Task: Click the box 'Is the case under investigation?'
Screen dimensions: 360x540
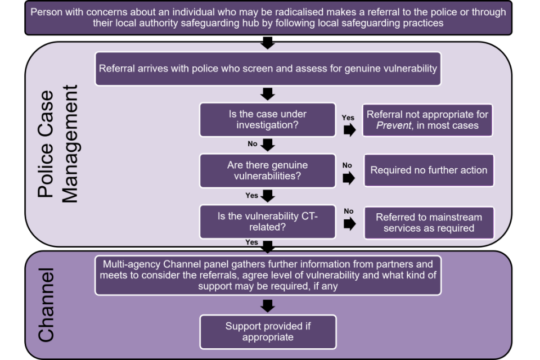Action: [268, 119]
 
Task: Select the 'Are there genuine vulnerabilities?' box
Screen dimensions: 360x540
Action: [268, 170]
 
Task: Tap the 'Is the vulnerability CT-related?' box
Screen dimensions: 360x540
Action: [268, 222]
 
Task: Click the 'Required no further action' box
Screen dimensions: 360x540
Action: [429, 170]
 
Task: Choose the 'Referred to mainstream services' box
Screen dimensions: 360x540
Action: [429, 222]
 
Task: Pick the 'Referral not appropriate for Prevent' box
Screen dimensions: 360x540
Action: [427, 120]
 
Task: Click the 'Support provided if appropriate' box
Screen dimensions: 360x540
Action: [268, 331]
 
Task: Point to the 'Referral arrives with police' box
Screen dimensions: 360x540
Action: [268, 69]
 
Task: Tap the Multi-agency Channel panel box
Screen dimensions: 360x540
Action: [268, 274]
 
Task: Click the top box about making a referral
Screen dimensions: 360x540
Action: [268, 18]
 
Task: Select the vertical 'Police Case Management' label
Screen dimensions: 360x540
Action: [59, 143]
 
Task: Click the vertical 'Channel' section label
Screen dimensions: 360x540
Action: [46, 305]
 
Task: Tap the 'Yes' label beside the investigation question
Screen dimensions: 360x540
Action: [348, 118]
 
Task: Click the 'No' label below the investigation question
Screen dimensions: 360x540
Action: [253, 144]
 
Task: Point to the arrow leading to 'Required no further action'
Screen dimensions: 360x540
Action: [349, 178]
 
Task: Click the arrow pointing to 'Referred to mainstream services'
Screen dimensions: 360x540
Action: [349, 224]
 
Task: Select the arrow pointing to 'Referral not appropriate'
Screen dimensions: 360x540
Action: [349, 130]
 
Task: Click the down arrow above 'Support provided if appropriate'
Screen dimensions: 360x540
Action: [268, 305]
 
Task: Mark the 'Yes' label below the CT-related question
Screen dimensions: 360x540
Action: [251, 242]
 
